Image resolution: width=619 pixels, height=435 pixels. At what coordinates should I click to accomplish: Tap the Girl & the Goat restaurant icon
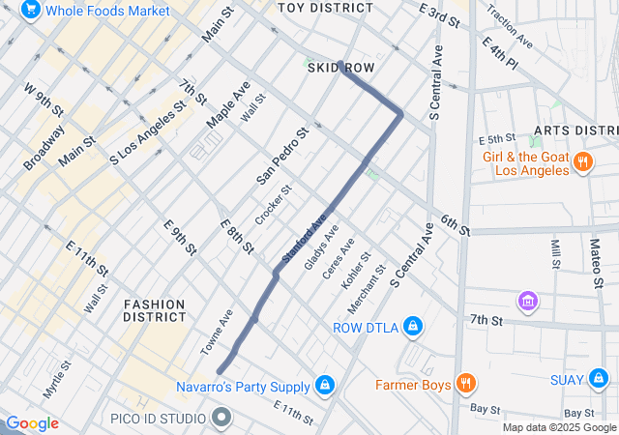pos(582,161)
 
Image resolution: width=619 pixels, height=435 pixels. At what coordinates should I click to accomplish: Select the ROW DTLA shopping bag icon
pos(413,326)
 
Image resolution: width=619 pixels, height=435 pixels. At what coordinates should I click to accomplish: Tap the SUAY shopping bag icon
pos(598,378)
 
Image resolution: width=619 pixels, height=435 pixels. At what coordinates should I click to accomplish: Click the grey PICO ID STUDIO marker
pos(221,418)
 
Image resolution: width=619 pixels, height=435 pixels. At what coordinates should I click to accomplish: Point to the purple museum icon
pos(528,302)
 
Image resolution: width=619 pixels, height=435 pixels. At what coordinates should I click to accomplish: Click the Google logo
pos(31,423)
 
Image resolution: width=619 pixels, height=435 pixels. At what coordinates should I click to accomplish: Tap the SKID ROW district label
pos(340,68)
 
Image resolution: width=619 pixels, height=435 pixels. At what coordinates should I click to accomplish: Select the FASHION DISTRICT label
pos(155,310)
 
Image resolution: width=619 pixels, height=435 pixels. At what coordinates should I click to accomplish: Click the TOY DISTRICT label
pos(325,8)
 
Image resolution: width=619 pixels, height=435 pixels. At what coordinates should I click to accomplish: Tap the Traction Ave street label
pos(510,26)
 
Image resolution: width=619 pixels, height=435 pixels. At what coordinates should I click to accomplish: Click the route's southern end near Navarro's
pos(221,370)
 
